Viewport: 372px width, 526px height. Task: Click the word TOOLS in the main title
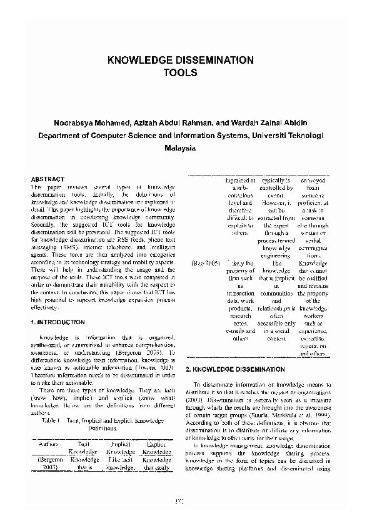(x=180, y=72)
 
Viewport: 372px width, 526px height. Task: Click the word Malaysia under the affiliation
(x=180, y=149)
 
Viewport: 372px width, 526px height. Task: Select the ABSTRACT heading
(x=48, y=179)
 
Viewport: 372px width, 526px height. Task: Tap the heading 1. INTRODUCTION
(x=58, y=322)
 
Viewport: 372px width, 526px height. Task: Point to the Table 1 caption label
(x=49, y=422)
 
